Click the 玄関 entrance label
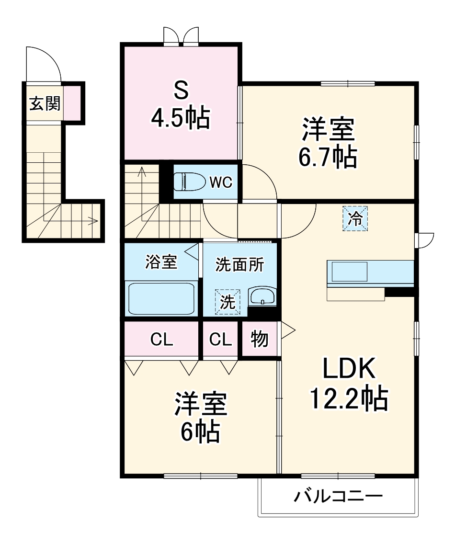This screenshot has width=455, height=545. pos(45,104)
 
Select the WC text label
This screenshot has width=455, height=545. pos(220,182)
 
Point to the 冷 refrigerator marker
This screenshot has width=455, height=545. pos(355,219)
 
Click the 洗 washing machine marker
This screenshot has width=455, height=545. pos(227,302)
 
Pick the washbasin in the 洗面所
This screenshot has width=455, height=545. pos(262,296)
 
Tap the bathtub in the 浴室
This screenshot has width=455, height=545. pos(160,297)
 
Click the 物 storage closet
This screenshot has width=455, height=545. pos(259,340)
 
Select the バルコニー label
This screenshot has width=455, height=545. pos(338,496)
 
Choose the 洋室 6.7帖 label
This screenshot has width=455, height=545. pos(328,143)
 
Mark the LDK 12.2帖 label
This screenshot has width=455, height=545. pos(348,383)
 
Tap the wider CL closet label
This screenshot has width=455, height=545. pos(161,340)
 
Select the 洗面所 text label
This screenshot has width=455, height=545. pos(239,265)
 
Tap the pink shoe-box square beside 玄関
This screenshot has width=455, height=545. pos(72,104)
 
